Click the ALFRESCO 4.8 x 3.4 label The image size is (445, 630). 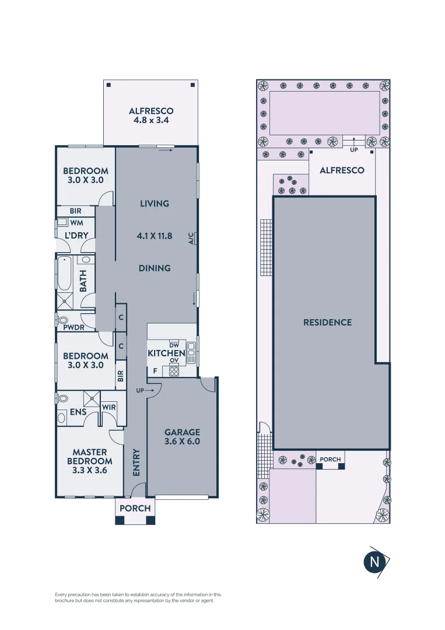[x=151, y=116]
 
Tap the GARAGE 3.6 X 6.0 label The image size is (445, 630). [x=182, y=437]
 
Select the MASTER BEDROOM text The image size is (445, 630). [x=90, y=461]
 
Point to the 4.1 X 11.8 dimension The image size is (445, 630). [x=155, y=236]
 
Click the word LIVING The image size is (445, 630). [x=155, y=204]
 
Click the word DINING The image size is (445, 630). [x=155, y=268]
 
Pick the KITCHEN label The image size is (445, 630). [x=166, y=353]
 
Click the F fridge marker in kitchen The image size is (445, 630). [x=155, y=370]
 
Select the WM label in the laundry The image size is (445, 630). [x=76, y=223]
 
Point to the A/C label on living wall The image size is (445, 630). [x=191, y=238]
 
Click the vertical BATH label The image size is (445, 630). [x=83, y=281]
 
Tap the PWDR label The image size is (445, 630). [x=74, y=327]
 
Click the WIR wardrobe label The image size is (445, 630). [x=108, y=407]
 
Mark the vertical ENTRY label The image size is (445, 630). [x=136, y=462]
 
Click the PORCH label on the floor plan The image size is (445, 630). [x=135, y=508]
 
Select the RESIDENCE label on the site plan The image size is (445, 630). [x=327, y=322]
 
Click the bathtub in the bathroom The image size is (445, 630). [x=64, y=274]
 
